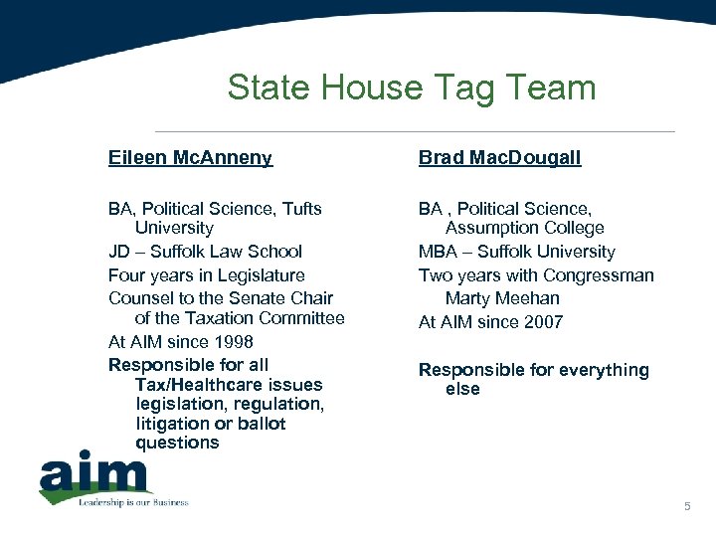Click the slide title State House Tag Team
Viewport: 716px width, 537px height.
pyautogui.click(x=411, y=88)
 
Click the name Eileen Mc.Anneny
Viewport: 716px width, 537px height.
pyautogui.click(x=190, y=157)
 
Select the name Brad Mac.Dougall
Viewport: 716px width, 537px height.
pyautogui.click(x=499, y=157)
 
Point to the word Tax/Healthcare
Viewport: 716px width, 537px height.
pyautogui.click(x=229, y=384)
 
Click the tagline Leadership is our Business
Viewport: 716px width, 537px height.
pyautogui.click(x=133, y=502)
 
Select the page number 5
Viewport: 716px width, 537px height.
pyautogui.click(x=686, y=508)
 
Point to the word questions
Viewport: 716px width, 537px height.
pyautogui.click(x=177, y=443)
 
